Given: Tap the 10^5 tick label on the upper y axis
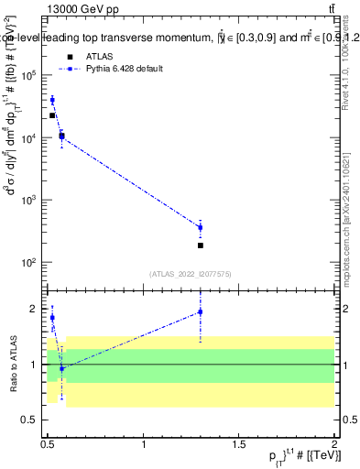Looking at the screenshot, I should [28, 76].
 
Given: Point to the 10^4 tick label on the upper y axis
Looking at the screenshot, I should [28, 138].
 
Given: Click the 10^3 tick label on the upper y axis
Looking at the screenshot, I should [28, 201].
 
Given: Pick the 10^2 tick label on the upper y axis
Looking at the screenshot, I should [28, 263].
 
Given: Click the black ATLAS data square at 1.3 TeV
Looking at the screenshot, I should [201, 245].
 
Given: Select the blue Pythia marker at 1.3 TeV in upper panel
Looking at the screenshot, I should [201, 227].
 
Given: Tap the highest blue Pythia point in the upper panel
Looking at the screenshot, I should [52, 100].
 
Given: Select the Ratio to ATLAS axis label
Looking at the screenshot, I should [13, 364].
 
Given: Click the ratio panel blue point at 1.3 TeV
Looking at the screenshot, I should [201, 312].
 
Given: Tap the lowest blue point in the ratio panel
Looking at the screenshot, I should [61, 368].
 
